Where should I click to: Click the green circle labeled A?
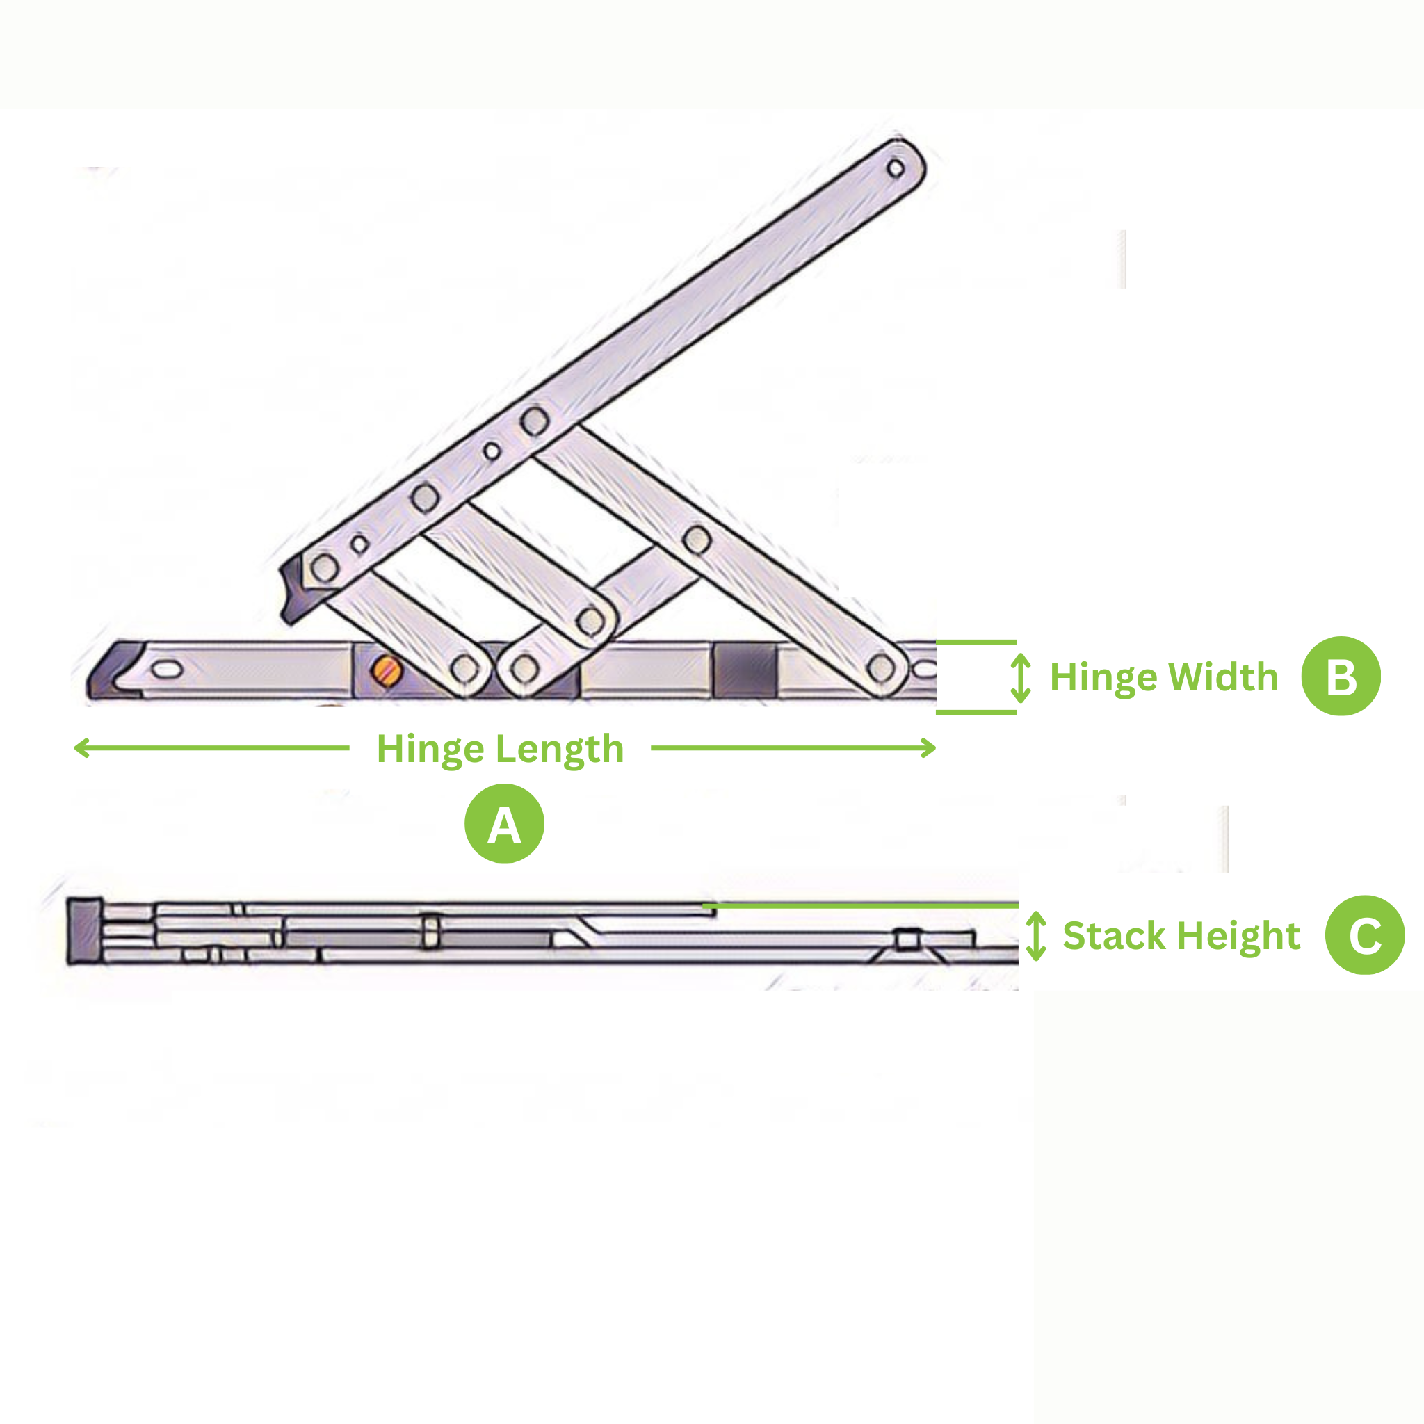tap(504, 824)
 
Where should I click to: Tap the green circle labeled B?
tap(1341, 676)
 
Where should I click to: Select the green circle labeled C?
tap(1365, 935)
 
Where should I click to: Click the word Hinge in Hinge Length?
tap(430, 750)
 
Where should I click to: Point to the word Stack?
tap(1113, 936)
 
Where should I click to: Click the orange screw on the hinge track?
tap(386, 670)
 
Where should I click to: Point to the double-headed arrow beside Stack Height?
tap(1036, 936)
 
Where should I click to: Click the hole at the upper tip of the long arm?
tap(896, 168)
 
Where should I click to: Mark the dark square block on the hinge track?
tap(745, 670)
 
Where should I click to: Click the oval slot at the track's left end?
tap(167, 670)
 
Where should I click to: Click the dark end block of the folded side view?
tap(84, 931)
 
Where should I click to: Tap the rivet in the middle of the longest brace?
tap(697, 540)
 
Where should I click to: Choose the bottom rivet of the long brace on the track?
tap(881, 668)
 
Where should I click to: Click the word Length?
tap(560, 750)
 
